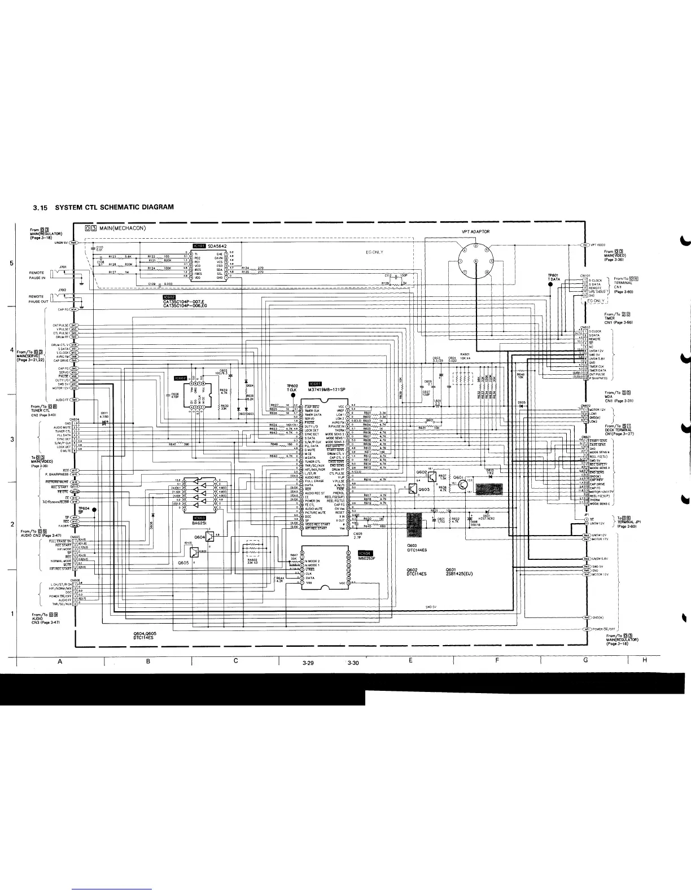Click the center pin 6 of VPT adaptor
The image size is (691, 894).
[475, 261]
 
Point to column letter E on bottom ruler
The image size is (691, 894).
[410, 660]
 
